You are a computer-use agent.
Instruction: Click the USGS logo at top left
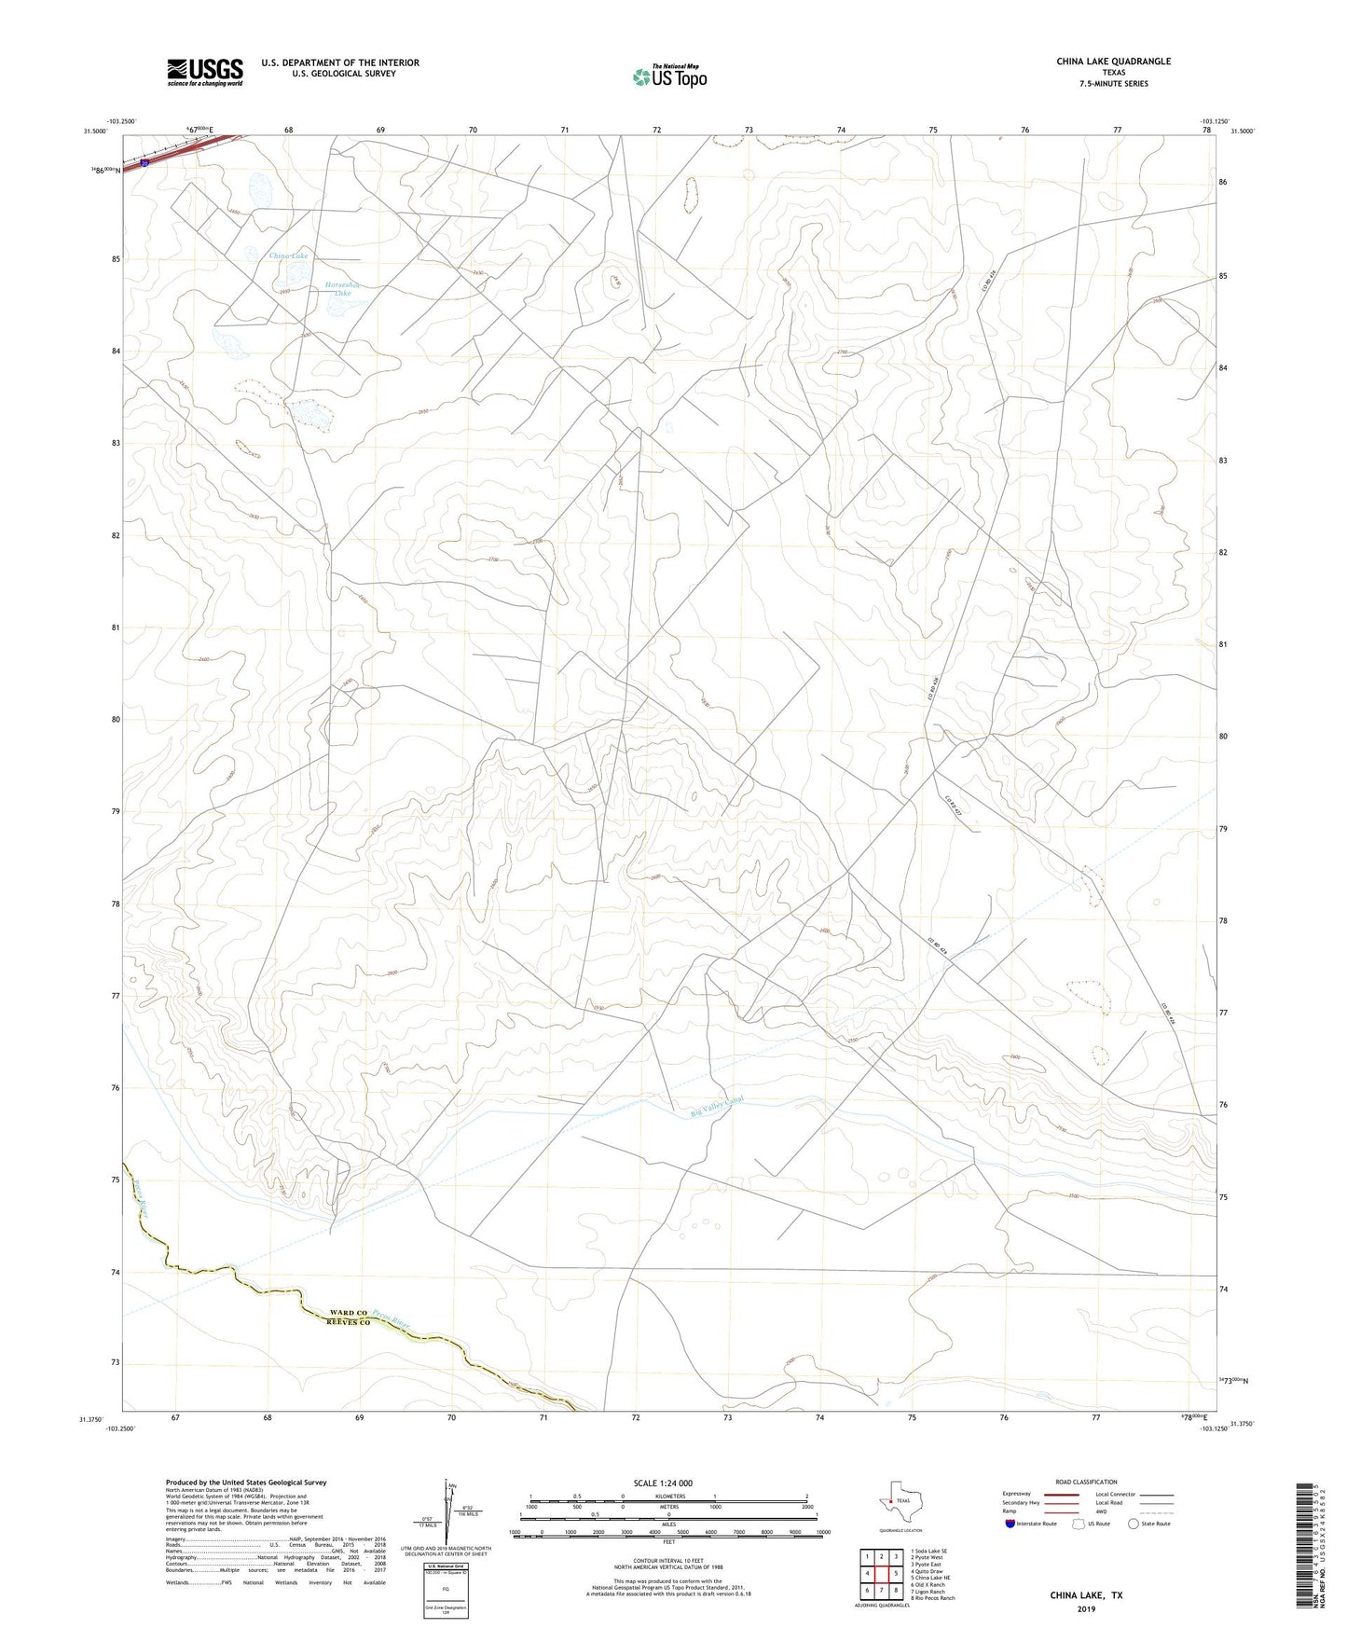tap(205, 72)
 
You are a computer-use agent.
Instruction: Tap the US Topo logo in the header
tap(668, 76)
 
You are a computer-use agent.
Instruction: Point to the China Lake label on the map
tap(288, 255)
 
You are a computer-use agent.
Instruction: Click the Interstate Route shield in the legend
tap(1010, 1524)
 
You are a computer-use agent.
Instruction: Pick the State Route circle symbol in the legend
tap(1134, 1524)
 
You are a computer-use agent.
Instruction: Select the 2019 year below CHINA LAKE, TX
tap(1086, 1609)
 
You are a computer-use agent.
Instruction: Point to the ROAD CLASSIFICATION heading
tap(1086, 1482)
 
